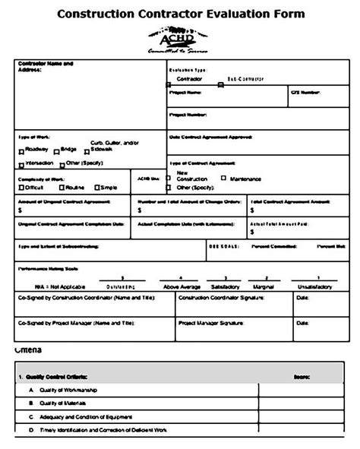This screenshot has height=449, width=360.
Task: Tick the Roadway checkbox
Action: (x=21, y=150)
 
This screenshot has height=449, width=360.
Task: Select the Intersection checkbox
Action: (x=21, y=164)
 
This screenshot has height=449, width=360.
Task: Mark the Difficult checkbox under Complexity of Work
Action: (x=21, y=187)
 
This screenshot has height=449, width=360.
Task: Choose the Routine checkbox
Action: (x=61, y=187)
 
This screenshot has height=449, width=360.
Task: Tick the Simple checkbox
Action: (x=97, y=187)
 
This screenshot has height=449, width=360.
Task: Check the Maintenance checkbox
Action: (x=223, y=179)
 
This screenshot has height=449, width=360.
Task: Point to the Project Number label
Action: (x=188, y=115)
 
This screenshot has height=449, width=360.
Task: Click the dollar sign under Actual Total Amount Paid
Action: (x=253, y=232)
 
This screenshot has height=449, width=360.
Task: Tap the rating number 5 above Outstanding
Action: (x=122, y=278)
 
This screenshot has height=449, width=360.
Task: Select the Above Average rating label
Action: (x=181, y=286)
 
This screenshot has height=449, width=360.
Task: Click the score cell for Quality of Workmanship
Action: (x=303, y=390)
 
